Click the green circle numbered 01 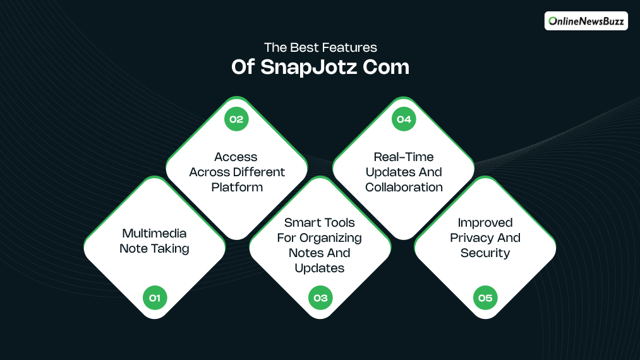[x=155, y=297]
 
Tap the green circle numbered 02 [x=236, y=119]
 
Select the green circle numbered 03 [x=320, y=297]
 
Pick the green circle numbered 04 [x=404, y=119]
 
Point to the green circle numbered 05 [x=485, y=297]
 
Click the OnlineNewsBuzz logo [x=586, y=21]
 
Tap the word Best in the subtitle [x=305, y=47]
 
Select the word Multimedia [x=154, y=234]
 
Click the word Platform [x=237, y=187]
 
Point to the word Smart [x=302, y=222]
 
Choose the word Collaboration [x=404, y=187]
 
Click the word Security [x=485, y=253]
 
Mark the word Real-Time [x=404, y=157]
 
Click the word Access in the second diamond [x=236, y=157]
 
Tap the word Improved [x=485, y=222]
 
